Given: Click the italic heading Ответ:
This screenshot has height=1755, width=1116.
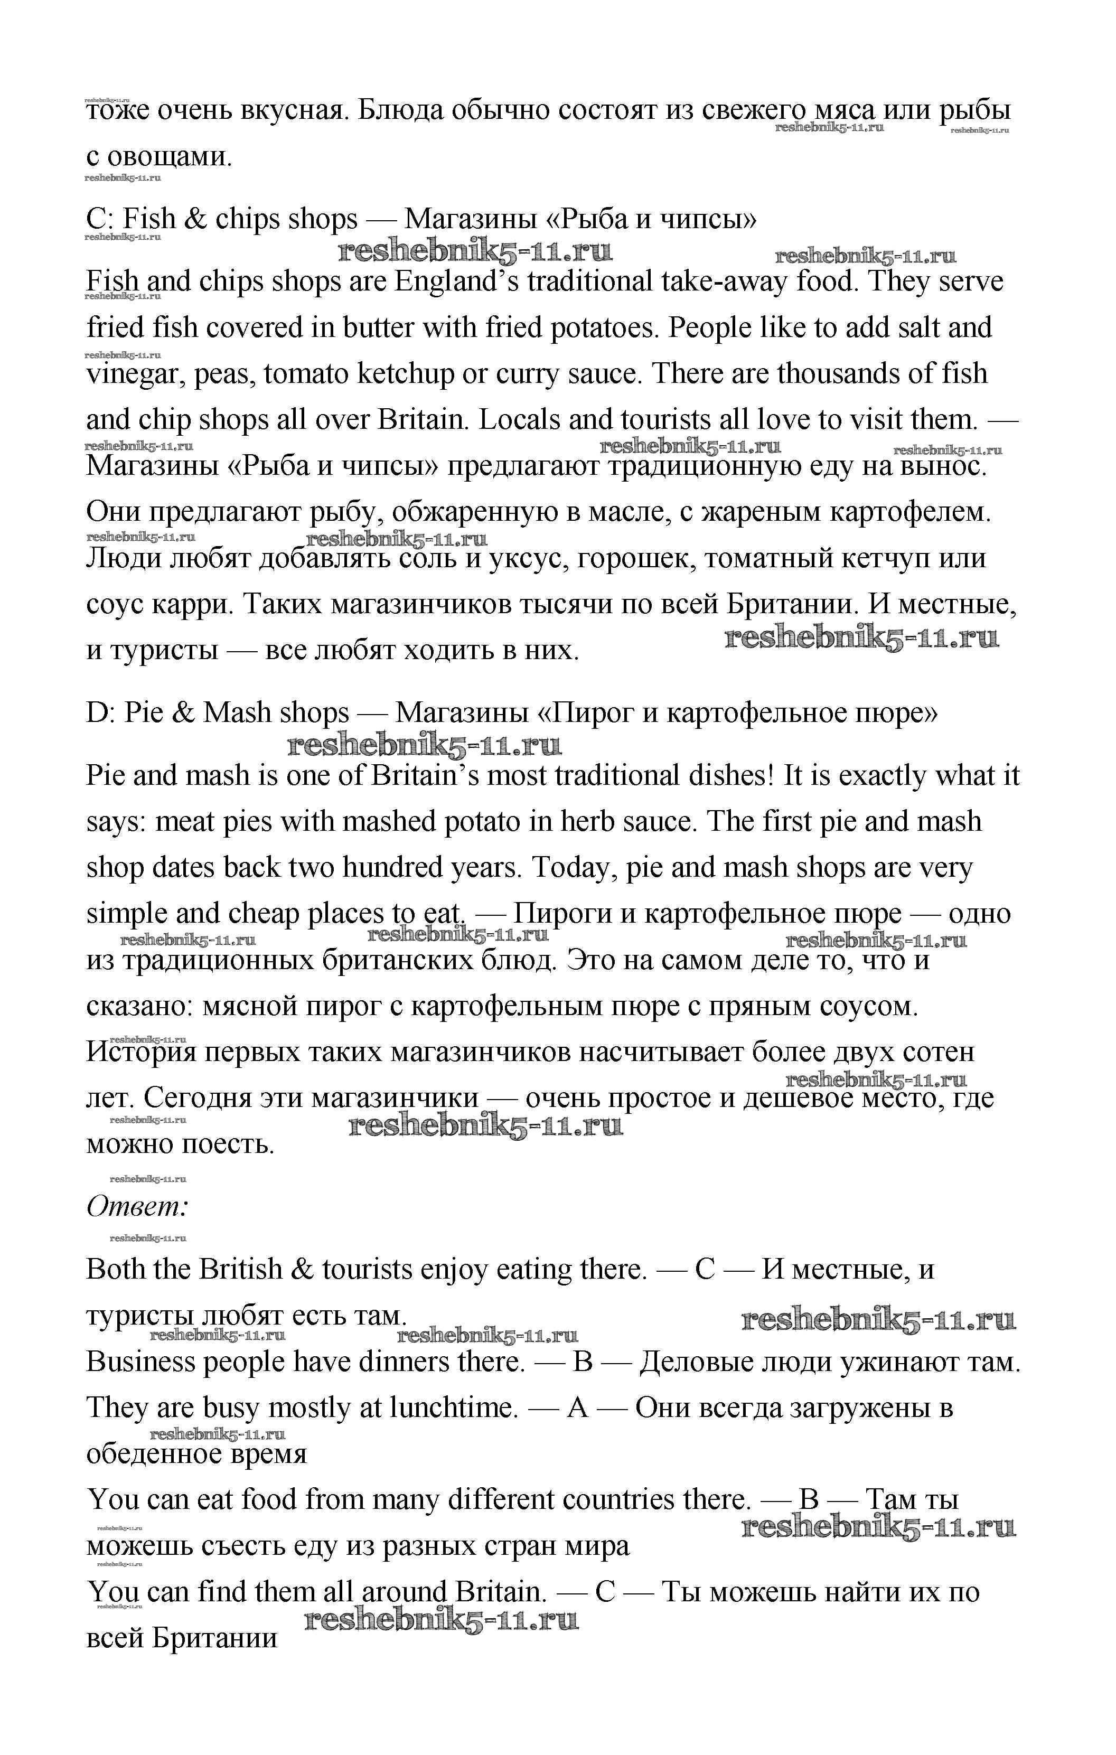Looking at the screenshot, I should [x=138, y=1207].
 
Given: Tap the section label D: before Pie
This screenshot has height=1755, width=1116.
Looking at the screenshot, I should [x=100, y=713].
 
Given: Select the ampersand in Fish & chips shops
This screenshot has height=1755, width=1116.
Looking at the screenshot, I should [x=195, y=219].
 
